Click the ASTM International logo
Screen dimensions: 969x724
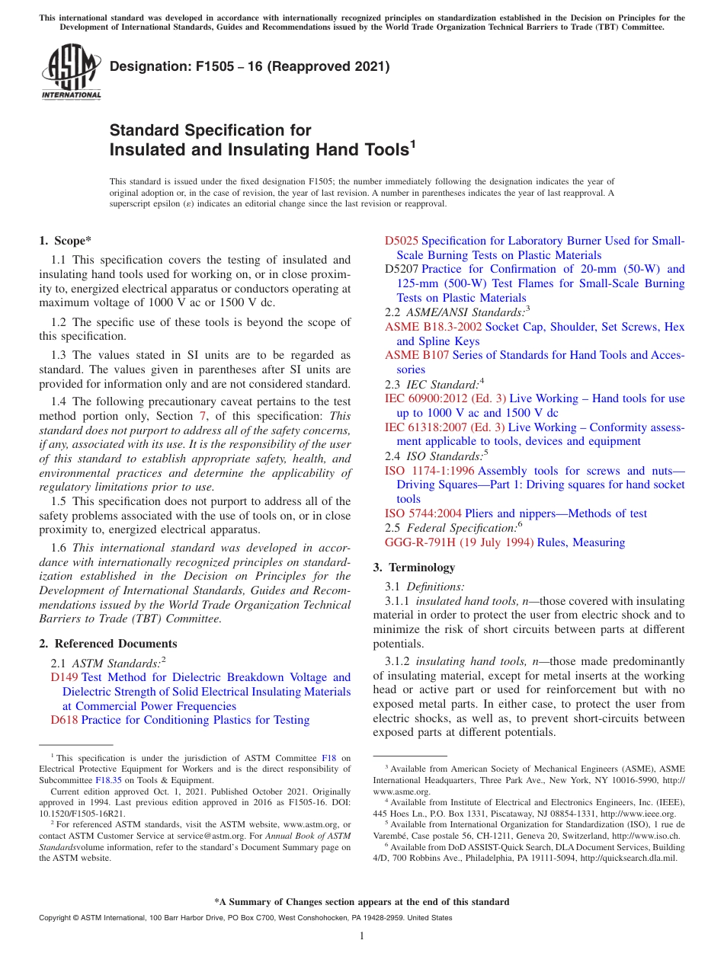point(71,72)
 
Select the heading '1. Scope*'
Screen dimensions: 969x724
point(66,241)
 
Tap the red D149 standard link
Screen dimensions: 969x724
point(64,677)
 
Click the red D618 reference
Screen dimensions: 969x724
point(64,720)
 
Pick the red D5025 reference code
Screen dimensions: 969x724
point(401,241)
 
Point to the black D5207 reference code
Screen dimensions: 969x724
point(402,269)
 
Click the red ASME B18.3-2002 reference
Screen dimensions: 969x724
point(433,327)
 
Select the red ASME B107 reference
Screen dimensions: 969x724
point(417,355)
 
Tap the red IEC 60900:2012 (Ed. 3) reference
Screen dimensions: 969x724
point(445,398)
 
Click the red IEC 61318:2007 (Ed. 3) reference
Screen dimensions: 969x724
point(445,427)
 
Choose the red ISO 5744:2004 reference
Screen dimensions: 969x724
point(423,513)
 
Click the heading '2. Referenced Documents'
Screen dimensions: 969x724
point(107,644)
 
